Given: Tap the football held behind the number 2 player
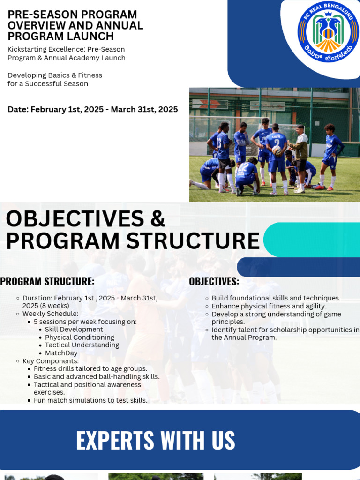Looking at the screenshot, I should tap(277, 150).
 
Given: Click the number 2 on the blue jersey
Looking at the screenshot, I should tap(277, 143).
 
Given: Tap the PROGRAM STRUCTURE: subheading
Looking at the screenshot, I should tap(47, 282).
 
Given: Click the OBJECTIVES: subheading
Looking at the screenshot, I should tap(214, 282).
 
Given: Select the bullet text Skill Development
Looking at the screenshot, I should tap(74, 330).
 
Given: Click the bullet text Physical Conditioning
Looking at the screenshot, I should tap(79, 337).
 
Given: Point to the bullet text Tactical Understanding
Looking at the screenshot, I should tap(82, 345).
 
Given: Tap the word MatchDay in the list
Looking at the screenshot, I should tap(61, 353).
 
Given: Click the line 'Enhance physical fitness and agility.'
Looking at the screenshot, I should tap(269, 306).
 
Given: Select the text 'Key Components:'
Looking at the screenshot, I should tap(51, 361).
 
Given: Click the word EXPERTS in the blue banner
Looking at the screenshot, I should tap(115, 441).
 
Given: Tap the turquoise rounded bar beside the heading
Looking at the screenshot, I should tap(312, 240).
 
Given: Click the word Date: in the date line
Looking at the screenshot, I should tap(18, 110).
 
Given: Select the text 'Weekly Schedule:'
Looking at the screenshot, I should tap(50, 314).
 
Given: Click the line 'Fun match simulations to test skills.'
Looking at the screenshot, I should tap(90, 400).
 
